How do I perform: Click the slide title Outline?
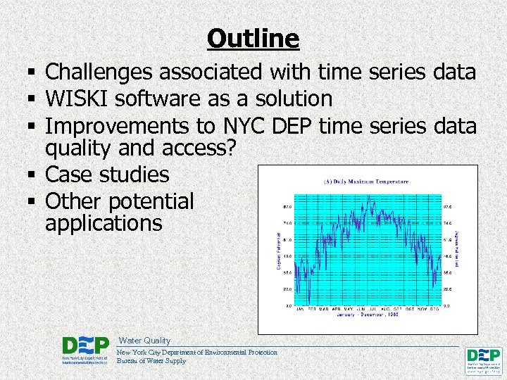254,38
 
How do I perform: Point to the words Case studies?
107,175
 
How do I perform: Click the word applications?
104,224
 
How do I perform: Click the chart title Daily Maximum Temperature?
365,182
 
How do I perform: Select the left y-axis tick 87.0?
288,207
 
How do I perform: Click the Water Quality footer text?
144,341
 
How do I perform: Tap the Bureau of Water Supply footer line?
151,361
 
